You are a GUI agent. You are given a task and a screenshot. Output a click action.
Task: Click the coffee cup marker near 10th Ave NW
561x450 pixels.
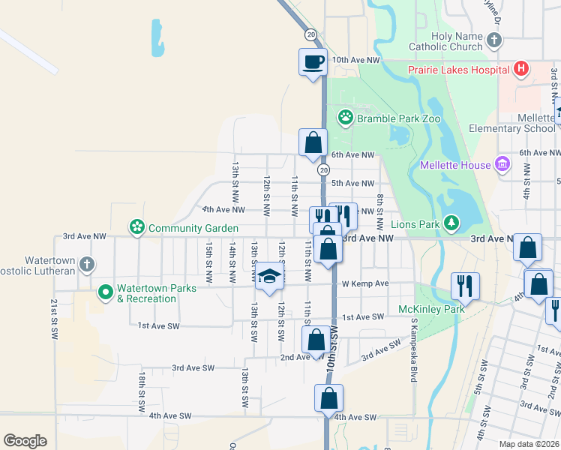point(312,61)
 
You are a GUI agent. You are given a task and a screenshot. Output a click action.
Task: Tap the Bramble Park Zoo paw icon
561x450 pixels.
point(345,117)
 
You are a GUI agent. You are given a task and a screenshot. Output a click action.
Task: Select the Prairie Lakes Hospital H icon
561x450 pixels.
point(521,70)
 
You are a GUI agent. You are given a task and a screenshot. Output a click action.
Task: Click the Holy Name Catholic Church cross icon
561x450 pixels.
point(493,40)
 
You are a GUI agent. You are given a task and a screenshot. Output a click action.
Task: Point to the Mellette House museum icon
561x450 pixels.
point(502,164)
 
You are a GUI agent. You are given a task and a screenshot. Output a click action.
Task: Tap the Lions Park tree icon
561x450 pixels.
point(451,223)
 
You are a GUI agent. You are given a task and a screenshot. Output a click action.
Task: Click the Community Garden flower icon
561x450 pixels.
point(136,226)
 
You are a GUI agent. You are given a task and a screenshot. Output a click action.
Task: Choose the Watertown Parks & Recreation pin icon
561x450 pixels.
point(106,292)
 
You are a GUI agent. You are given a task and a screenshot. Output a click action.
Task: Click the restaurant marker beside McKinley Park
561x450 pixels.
point(464,285)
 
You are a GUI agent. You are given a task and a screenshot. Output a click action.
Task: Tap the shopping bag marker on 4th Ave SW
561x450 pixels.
point(328,397)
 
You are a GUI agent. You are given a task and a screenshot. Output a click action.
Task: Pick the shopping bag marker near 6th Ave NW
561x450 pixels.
point(313,142)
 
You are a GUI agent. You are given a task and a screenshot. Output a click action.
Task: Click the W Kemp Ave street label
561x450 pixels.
point(365,283)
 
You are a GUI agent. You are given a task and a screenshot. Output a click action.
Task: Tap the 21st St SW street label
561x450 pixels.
point(54,317)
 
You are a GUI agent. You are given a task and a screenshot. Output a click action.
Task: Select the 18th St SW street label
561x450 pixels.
point(140,391)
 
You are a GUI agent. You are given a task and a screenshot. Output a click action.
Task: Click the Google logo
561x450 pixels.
point(25,441)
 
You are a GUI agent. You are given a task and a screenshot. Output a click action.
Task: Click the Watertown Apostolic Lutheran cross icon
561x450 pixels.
point(87,265)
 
